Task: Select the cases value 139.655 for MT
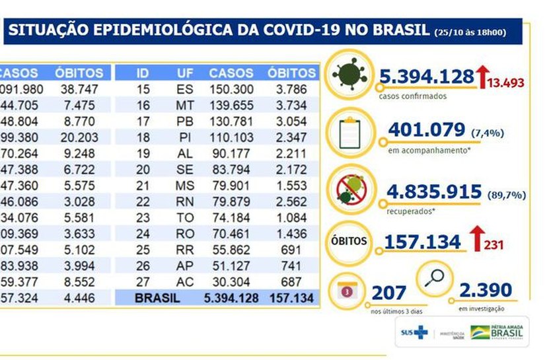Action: click(x=231, y=105)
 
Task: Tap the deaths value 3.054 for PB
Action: click(x=293, y=121)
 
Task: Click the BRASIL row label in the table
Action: click(x=157, y=298)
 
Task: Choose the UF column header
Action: click(x=185, y=73)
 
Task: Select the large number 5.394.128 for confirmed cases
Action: click(x=427, y=77)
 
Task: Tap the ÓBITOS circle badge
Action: click(x=348, y=241)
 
